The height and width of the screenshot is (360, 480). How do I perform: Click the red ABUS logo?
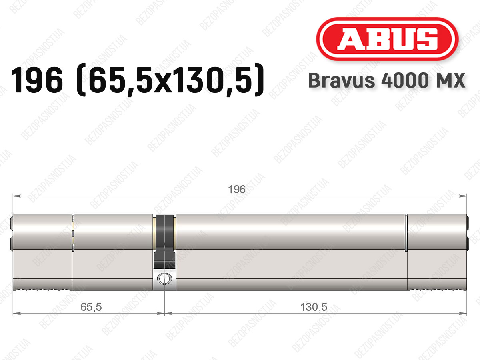point(387,39)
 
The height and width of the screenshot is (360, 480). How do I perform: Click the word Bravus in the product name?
point(342,80)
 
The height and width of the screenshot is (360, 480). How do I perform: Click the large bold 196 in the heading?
point(37,80)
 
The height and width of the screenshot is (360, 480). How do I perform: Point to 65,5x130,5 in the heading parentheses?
point(170,81)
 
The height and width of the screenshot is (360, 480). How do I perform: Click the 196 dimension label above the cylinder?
point(237,189)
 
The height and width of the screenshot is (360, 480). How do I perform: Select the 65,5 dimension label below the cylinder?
point(91,307)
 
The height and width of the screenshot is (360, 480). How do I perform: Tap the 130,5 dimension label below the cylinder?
point(314,307)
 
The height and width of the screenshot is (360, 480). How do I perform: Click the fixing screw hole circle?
point(164,279)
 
